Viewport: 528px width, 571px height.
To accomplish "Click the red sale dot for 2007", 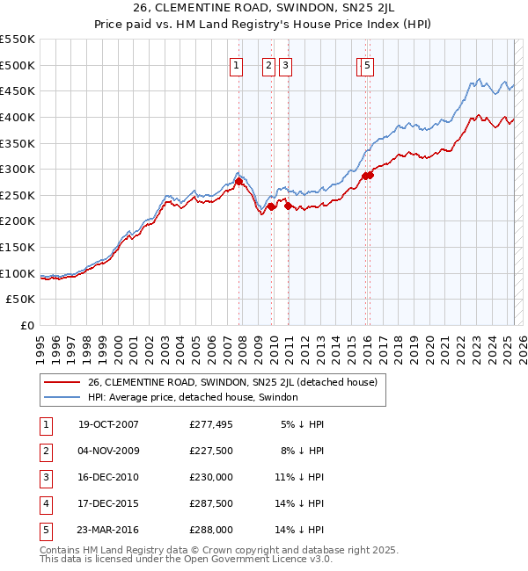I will [238, 181].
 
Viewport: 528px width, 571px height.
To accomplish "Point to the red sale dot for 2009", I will [271, 206].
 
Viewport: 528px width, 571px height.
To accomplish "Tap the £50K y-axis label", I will [21, 300].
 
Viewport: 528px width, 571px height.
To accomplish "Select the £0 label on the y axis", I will [27, 326].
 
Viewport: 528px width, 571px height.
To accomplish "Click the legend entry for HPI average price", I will [193, 397].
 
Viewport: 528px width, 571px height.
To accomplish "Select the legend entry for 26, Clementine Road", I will [232, 382].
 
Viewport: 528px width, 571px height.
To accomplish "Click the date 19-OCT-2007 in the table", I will [108, 424].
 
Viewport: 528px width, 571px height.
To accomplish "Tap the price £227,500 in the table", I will [211, 451].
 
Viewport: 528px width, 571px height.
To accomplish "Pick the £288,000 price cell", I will [211, 530].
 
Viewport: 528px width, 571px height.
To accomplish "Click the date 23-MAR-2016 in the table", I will [108, 530].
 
